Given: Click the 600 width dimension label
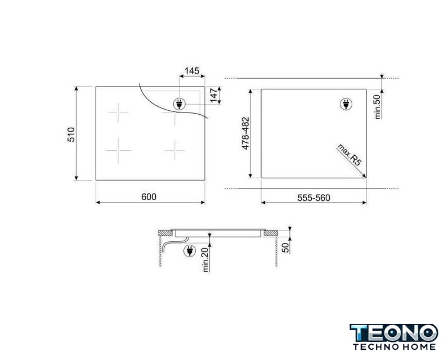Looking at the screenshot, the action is click(149, 197).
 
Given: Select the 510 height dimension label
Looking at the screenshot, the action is click(71, 134).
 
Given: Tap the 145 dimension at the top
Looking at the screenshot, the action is click(192, 71).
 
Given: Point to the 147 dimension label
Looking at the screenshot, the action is click(214, 96).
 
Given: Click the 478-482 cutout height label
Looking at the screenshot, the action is click(245, 133).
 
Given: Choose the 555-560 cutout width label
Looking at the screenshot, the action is click(314, 198).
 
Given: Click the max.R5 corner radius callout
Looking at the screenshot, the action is click(349, 155).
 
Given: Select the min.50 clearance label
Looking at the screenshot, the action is click(377, 107).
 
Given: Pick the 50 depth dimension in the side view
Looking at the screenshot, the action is click(286, 247).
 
